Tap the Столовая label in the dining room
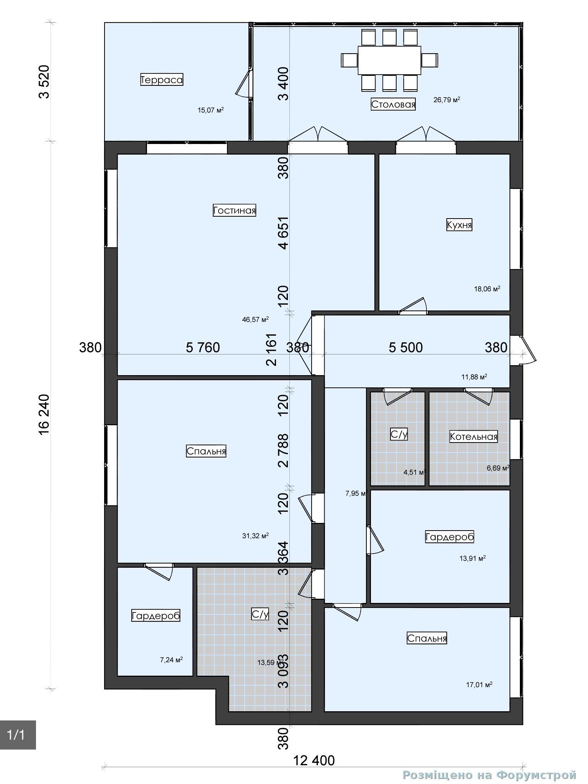click(393, 105)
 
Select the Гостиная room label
click(234, 210)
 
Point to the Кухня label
click(459, 225)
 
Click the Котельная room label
click(474, 436)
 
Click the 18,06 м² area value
click(487, 289)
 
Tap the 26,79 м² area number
click(447, 100)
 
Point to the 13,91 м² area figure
click(472, 558)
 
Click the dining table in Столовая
click(389, 60)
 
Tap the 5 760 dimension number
click(203, 347)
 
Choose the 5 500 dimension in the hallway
click(406, 347)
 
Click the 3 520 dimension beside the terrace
click(44, 82)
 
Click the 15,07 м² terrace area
click(211, 110)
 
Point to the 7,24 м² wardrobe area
click(171, 659)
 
